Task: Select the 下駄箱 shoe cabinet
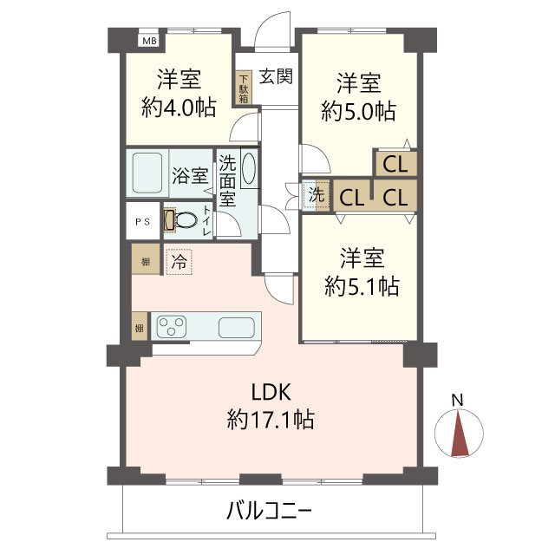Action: pos(244,88)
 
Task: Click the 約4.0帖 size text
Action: pos(179,108)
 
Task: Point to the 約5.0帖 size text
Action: pos(359,111)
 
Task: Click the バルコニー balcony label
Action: pos(269,510)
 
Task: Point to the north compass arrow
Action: pos(460,432)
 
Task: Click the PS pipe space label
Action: pos(141,221)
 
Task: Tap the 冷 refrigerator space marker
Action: pos(179,259)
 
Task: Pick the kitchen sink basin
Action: pos(235,327)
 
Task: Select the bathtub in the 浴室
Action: pos(147,173)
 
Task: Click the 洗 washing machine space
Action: pos(316,195)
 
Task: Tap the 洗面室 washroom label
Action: pos(227,180)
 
